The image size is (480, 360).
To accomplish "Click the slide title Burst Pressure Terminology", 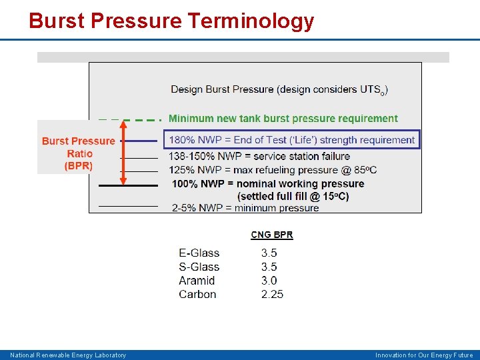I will point(171,21).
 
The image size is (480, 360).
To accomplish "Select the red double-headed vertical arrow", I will point(123,153).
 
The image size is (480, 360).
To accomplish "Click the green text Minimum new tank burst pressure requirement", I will point(283,119).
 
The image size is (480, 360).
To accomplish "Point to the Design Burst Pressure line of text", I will point(279,89).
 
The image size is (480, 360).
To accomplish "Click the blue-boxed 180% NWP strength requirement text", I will point(292,139).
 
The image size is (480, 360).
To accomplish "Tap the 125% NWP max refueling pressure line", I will point(273,170).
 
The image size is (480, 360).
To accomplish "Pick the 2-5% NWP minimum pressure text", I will point(245,208).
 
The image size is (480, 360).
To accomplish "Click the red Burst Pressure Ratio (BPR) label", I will point(79,153).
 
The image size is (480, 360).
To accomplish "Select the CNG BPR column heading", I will point(271,235).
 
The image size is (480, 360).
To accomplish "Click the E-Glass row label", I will point(199,253).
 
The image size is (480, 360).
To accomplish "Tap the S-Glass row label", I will point(199,267).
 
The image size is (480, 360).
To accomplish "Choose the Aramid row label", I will point(197,281).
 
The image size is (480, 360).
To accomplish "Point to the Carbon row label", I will point(197,294).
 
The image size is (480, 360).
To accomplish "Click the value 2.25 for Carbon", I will point(272,294).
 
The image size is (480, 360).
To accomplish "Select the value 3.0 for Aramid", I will point(269,281).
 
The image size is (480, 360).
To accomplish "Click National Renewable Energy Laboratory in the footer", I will point(68,355).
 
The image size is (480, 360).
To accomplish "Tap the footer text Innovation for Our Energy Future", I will point(424,355).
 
